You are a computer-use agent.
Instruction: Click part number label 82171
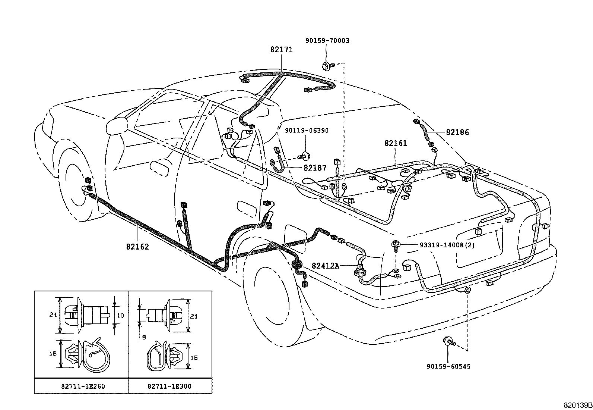[281, 49]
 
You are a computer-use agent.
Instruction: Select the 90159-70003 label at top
[327, 41]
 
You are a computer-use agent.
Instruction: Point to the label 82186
[457, 132]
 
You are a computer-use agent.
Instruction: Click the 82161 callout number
[396, 143]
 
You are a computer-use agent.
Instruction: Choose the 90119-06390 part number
[307, 130]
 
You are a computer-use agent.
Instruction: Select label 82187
[315, 168]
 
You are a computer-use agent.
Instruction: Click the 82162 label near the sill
[137, 247]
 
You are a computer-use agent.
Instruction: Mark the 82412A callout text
[326, 266]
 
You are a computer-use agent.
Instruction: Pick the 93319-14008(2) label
[447, 245]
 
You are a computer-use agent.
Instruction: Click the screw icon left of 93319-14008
[396, 245]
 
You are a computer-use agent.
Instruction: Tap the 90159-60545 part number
[448, 366]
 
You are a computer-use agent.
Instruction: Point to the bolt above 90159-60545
[448, 341]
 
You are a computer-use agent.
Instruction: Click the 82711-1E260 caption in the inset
[83, 386]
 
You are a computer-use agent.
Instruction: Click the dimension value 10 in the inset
[121, 315]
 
